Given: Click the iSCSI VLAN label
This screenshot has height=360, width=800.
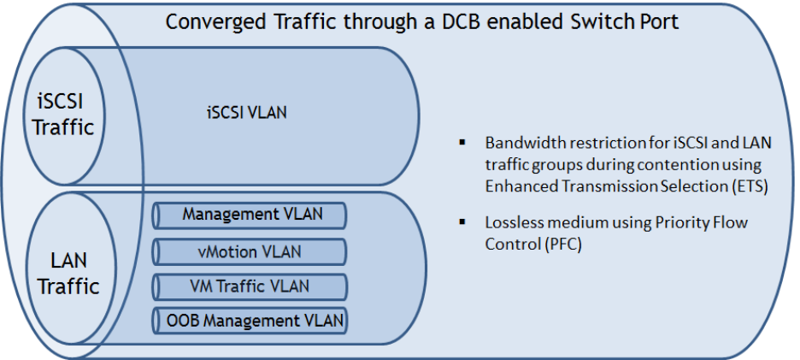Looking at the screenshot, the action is (247, 112).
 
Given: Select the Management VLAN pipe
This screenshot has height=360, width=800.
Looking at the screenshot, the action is (250, 215).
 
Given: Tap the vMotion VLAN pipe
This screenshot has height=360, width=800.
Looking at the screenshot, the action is (250, 251).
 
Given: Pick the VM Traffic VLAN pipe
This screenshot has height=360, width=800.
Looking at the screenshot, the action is (250, 286).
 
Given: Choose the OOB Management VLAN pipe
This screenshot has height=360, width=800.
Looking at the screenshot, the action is (250, 321).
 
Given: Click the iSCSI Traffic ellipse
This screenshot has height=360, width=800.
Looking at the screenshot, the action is (64, 116).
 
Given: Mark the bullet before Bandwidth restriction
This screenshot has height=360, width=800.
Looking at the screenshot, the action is (462, 142).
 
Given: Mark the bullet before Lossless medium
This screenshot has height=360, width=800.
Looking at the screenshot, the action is (462, 221).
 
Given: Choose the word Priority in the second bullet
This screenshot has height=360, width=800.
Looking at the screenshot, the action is (677, 223).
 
